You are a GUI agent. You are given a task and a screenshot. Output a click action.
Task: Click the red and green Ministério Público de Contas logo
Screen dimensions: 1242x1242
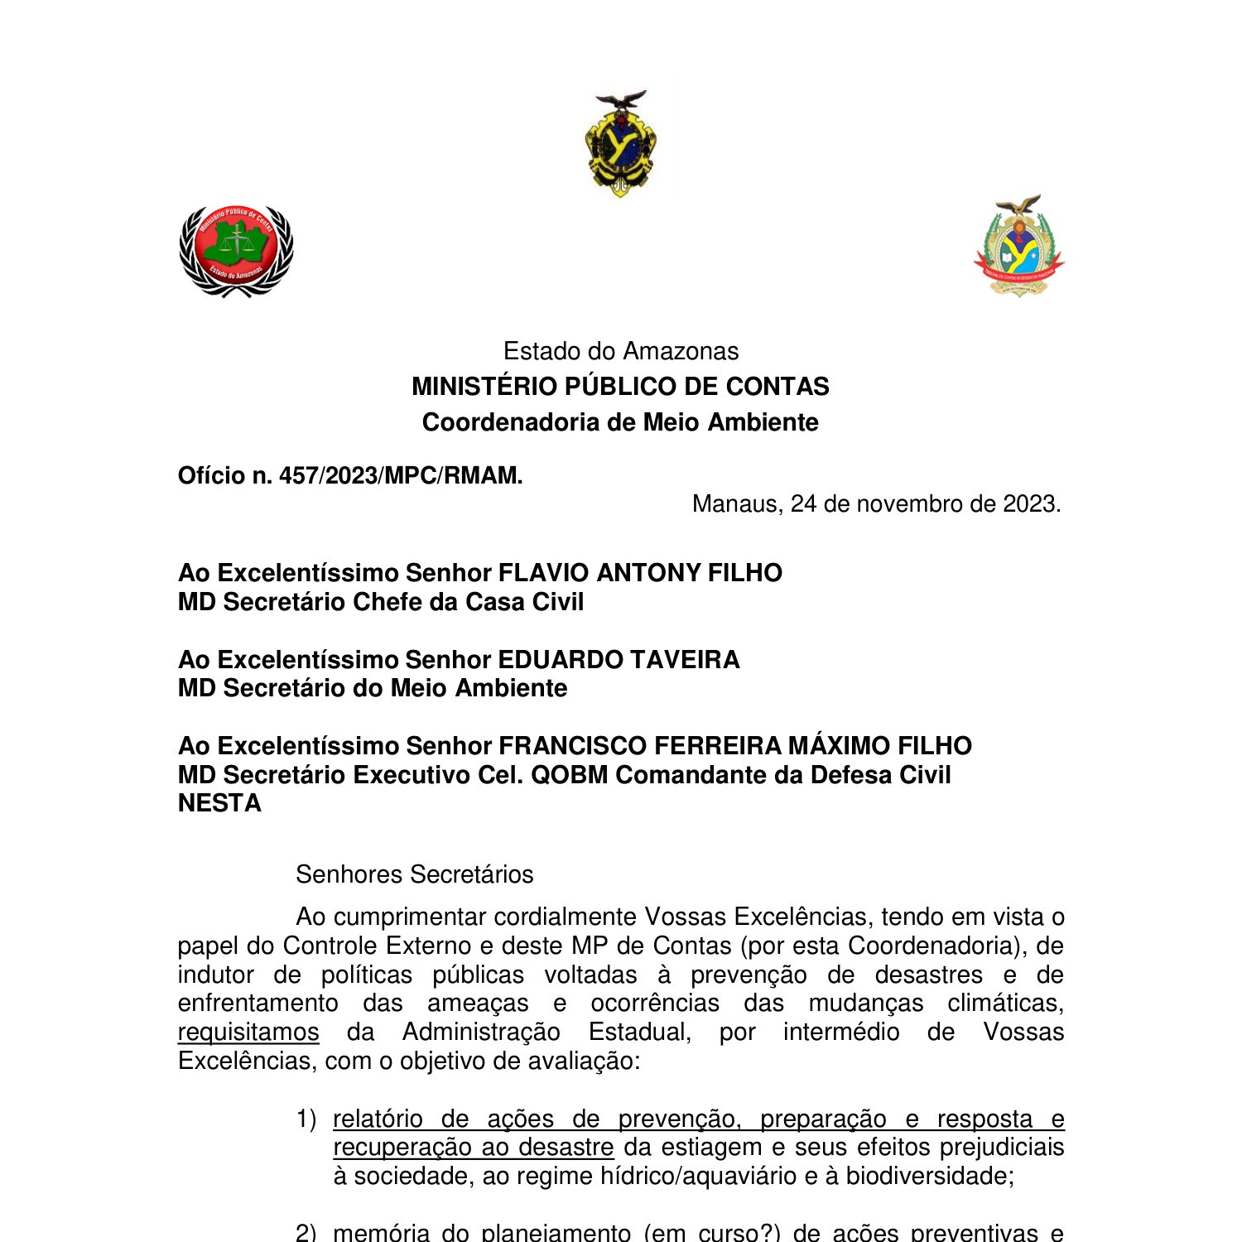click(x=236, y=250)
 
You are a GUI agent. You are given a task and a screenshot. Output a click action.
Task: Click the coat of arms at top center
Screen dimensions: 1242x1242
click(x=621, y=143)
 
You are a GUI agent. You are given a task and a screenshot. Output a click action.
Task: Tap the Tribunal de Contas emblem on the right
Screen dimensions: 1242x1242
click(x=1019, y=247)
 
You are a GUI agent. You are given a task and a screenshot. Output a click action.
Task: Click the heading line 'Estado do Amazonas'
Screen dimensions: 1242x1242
click(x=621, y=351)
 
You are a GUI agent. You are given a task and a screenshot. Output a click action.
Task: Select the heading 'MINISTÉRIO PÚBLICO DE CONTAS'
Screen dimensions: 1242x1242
click(x=621, y=387)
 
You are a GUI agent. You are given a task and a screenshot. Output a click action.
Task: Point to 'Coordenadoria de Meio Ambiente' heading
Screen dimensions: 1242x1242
click(x=621, y=422)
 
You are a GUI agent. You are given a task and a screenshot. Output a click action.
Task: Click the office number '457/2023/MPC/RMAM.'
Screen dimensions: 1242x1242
click(x=401, y=476)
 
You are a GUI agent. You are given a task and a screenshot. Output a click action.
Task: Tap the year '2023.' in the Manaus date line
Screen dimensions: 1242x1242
click(x=1032, y=504)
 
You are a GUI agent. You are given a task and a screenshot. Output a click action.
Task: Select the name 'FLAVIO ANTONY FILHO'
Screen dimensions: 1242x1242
click(x=639, y=573)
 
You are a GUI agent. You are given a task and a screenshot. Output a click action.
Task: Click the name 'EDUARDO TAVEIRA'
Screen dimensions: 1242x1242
click(x=619, y=660)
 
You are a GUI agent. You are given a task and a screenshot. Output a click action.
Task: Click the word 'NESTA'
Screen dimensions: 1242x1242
click(x=219, y=803)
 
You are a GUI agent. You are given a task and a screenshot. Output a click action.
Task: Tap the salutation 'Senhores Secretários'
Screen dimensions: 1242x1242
click(x=414, y=874)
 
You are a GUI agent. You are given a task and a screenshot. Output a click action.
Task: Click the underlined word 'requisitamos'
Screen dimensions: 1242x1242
click(x=248, y=1033)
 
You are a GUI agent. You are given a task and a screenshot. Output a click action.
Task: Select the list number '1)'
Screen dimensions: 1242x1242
click(x=306, y=1119)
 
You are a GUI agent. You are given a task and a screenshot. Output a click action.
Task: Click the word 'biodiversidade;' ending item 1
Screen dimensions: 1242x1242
click(x=930, y=1177)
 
